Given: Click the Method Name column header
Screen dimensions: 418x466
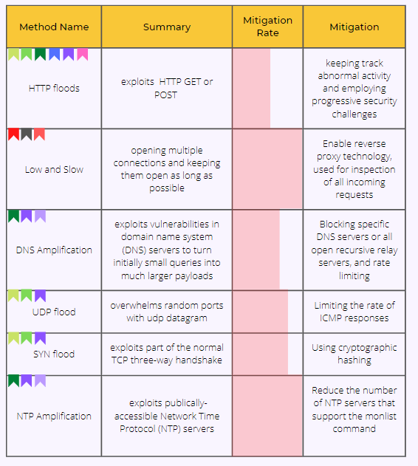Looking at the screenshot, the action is [x=54, y=27].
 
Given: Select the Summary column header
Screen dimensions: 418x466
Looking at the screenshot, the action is [x=167, y=27].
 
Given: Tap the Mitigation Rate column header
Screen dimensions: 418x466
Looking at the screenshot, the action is [x=267, y=27].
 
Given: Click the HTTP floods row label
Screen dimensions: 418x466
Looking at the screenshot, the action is [x=54, y=89].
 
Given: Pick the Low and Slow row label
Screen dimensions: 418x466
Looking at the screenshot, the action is [x=54, y=169].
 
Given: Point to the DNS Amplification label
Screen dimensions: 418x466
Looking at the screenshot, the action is [x=54, y=250].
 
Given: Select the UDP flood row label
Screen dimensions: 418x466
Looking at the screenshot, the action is [x=54, y=312].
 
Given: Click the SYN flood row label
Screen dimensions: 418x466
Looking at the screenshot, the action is [x=54, y=354].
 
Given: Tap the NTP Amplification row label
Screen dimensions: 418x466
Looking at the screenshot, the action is [x=54, y=416].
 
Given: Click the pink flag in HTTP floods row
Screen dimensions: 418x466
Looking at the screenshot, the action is [x=83, y=55].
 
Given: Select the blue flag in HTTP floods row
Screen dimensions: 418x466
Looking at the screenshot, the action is [x=55, y=55].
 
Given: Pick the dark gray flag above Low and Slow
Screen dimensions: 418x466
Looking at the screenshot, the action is [x=27, y=134].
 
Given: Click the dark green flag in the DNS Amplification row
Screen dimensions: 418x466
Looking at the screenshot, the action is [x=14, y=216].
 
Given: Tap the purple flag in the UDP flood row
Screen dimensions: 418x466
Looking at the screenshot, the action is [x=40, y=295].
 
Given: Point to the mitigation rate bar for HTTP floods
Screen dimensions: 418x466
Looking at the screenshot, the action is [x=252, y=89].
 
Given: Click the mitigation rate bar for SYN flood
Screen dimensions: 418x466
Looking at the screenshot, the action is [x=261, y=354].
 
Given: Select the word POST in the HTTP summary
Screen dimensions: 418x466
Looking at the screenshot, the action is [x=165, y=95].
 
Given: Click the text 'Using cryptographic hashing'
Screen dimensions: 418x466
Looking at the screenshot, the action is [x=354, y=354].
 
